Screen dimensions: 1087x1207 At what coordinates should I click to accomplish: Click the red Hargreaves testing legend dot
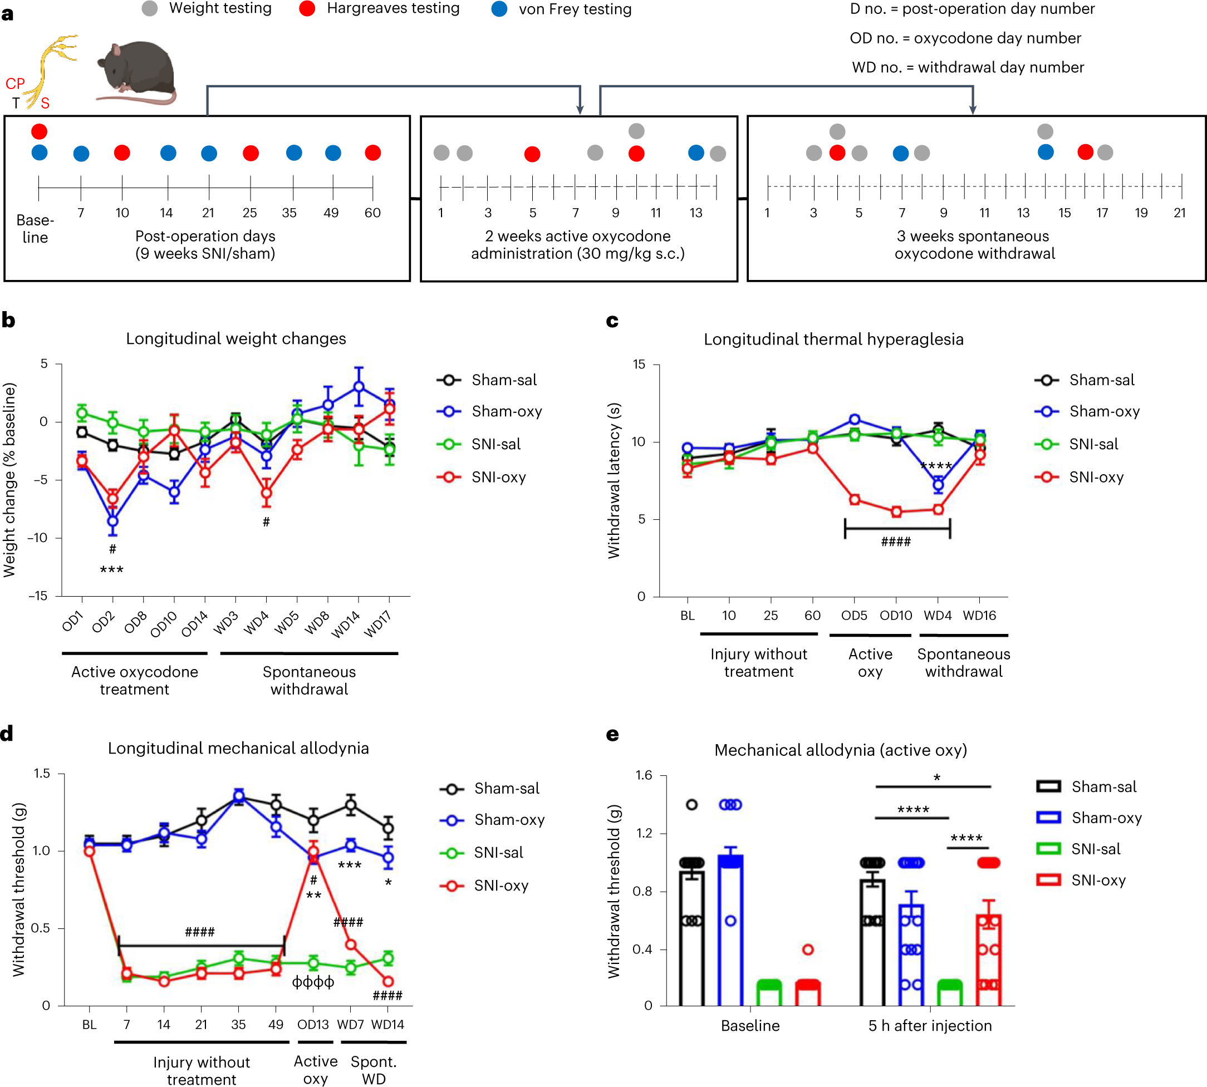point(307,9)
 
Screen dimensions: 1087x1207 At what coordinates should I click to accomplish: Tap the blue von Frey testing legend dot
point(499,9)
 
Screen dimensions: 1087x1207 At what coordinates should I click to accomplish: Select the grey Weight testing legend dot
point(149,9)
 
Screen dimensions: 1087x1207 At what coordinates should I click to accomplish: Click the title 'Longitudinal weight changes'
point(235,338)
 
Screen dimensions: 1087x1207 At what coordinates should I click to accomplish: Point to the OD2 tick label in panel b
point(103,622)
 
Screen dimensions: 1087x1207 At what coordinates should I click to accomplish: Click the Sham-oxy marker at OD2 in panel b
point(112,522)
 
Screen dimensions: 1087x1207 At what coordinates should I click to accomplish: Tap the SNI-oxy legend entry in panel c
point(1096,477)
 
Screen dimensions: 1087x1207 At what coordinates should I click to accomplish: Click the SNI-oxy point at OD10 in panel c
point(896,512)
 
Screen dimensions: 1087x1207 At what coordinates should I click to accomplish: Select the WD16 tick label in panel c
point(979,616)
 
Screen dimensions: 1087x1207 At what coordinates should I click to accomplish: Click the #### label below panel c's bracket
point(896,542)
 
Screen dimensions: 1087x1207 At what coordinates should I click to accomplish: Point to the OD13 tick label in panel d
point(313,1025)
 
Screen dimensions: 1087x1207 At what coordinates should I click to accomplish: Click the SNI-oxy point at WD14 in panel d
point(388,982)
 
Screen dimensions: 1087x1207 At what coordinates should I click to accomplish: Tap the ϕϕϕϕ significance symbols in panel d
point(313,982)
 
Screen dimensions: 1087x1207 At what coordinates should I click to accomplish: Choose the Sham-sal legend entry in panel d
point(506,788)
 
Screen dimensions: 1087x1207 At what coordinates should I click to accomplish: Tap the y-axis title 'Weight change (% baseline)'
point(9,480)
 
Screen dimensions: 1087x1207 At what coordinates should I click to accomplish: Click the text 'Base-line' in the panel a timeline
point(35,229)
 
